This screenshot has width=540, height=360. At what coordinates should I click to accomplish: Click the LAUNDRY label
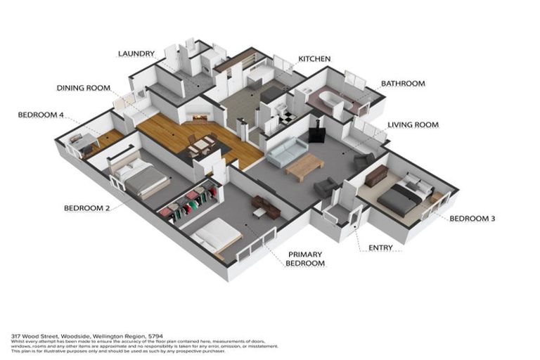click(x=136, y=53)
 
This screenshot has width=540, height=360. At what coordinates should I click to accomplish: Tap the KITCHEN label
click(x=314, y=59)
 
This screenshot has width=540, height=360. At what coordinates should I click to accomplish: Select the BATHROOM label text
click(x=403, y=84)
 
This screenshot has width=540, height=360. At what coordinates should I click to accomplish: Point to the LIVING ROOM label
click(x=413, y=125)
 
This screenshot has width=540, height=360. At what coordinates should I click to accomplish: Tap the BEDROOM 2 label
click(x=87, y=208)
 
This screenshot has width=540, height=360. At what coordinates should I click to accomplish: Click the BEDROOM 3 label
click(x=472, y=219)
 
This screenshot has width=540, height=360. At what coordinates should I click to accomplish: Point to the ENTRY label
click(x=380, y=247)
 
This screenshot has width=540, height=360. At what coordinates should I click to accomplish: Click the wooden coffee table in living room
click(x=304, y=167)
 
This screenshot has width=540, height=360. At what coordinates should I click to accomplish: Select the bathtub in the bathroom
click(x=325, y=100)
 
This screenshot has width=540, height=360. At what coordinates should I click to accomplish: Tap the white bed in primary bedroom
click(x=215, y=233)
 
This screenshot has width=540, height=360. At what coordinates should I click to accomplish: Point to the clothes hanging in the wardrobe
click(x=190, y=203)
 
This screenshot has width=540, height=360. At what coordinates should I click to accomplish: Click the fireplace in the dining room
click(x=198, y=115)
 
